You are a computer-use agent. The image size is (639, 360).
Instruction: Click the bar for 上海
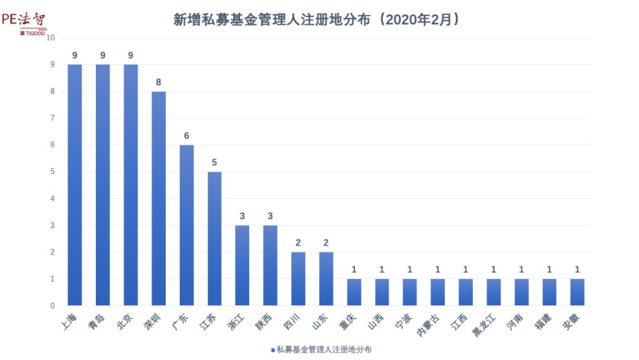(x=75, y=185)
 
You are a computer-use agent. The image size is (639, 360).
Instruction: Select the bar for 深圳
(x=159, y=198)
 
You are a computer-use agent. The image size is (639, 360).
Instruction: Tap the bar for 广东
(x=186, y=225)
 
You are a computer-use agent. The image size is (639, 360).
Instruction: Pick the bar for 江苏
(x=214, y=239)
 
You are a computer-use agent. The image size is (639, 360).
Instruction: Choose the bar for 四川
(x=298, y=279)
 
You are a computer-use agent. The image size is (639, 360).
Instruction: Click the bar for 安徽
(x=577, y=292)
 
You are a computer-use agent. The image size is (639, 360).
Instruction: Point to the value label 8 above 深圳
(x=159, y=82)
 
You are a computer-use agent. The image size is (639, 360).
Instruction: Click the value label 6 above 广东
(x=186, y=136)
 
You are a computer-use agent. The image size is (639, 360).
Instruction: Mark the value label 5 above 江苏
(x=214, y=163)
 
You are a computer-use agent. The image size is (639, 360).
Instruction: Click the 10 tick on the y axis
(x=51, y=37)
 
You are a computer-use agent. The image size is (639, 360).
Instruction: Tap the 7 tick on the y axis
(x=53, y=118)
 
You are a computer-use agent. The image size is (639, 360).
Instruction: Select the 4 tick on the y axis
(x=53, y=198)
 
